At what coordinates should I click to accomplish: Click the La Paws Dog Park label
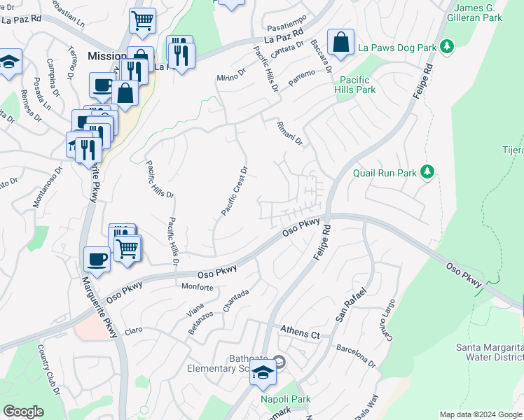(x=397, y=48)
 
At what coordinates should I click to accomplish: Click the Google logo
(x=23, y=412)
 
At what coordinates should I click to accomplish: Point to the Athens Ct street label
(x=300, y=332)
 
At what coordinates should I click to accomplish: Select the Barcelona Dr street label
(x=356, y=354)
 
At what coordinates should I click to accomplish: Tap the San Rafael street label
(x=350, y=304)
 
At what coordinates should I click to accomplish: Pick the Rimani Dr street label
(x=289, y=133)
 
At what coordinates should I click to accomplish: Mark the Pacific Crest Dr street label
(x=235, y=190)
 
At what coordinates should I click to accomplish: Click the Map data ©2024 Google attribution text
(x=481, y=414)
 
